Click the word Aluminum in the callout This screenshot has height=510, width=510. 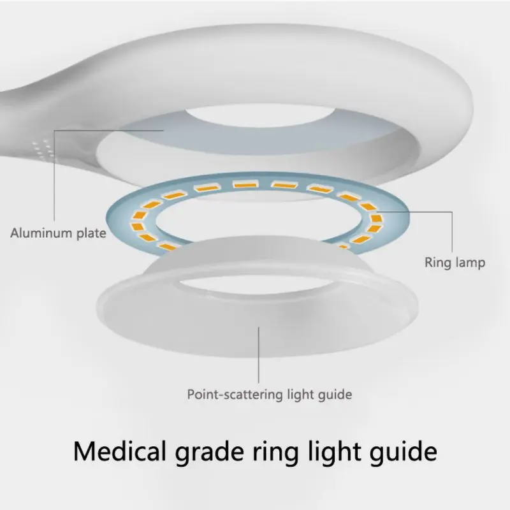tap(41, 233)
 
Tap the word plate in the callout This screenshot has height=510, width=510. tap(91, 234)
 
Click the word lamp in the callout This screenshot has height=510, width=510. tap(470, 263)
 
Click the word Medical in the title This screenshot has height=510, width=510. tap(119, 451)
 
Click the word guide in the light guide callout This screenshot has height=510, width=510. tap(335, 395)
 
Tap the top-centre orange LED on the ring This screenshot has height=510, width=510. tap(246, 184)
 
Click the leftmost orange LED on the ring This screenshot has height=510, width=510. tap(137, 226)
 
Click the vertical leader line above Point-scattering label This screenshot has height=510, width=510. tap(259, 355)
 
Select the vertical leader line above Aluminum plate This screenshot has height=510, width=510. tap(54, 176)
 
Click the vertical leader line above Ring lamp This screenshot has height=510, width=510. tap(452, 231)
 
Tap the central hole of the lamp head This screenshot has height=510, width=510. tap(259, 115)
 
